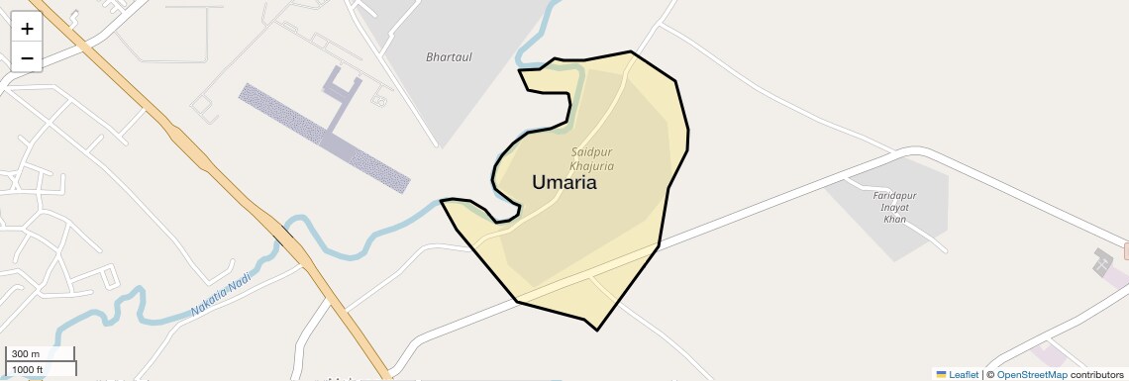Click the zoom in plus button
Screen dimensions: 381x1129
(x=27, y=28)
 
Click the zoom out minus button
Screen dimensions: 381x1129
(x=27, y=57)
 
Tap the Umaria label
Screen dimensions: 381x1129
(x=564, y=182)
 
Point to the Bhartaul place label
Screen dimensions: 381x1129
(x=449, y=57)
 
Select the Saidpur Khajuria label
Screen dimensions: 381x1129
(x=593, y=158)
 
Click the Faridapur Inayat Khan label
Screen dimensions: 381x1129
(x=894, y=207)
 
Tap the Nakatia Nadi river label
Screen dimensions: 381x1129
(x=222, y=295)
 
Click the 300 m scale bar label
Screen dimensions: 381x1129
(x=27, y=354)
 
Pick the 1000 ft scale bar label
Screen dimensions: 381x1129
(x=27, y=369)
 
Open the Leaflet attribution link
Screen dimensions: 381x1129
(x=963, y=374)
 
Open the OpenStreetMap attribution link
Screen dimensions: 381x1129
(x=1031, y=374)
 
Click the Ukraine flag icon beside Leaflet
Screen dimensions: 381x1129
(x=941, y=374)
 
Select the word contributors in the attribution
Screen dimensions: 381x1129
(x=1096, y=374)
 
